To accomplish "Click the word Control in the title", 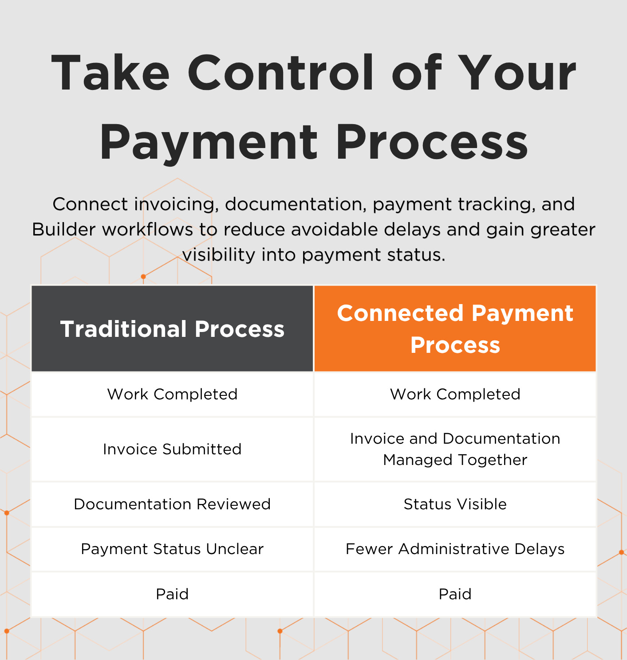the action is [x=280, y=73].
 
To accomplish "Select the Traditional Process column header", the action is [x=172, y=328].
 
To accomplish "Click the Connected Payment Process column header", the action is [x=455, y=328].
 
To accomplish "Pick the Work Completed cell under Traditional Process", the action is [x=172, y=394].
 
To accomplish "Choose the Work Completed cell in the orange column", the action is [x=455, y=394].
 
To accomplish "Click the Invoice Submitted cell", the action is [x=172, y=449].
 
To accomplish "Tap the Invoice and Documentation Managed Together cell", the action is [x=455, y=449].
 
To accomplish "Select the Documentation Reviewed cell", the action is [x=172, y=504].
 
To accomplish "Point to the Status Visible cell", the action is [x=455, y=504].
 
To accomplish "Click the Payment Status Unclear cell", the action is [x=172, y=549].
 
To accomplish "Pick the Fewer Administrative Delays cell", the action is [x=455, y=549].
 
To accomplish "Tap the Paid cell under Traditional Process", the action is [x=172, y=594].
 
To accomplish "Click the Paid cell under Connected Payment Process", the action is [x=455, y=594].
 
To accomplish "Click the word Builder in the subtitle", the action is [x=64, y=230].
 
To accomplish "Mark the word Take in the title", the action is [x=110, y=73].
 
